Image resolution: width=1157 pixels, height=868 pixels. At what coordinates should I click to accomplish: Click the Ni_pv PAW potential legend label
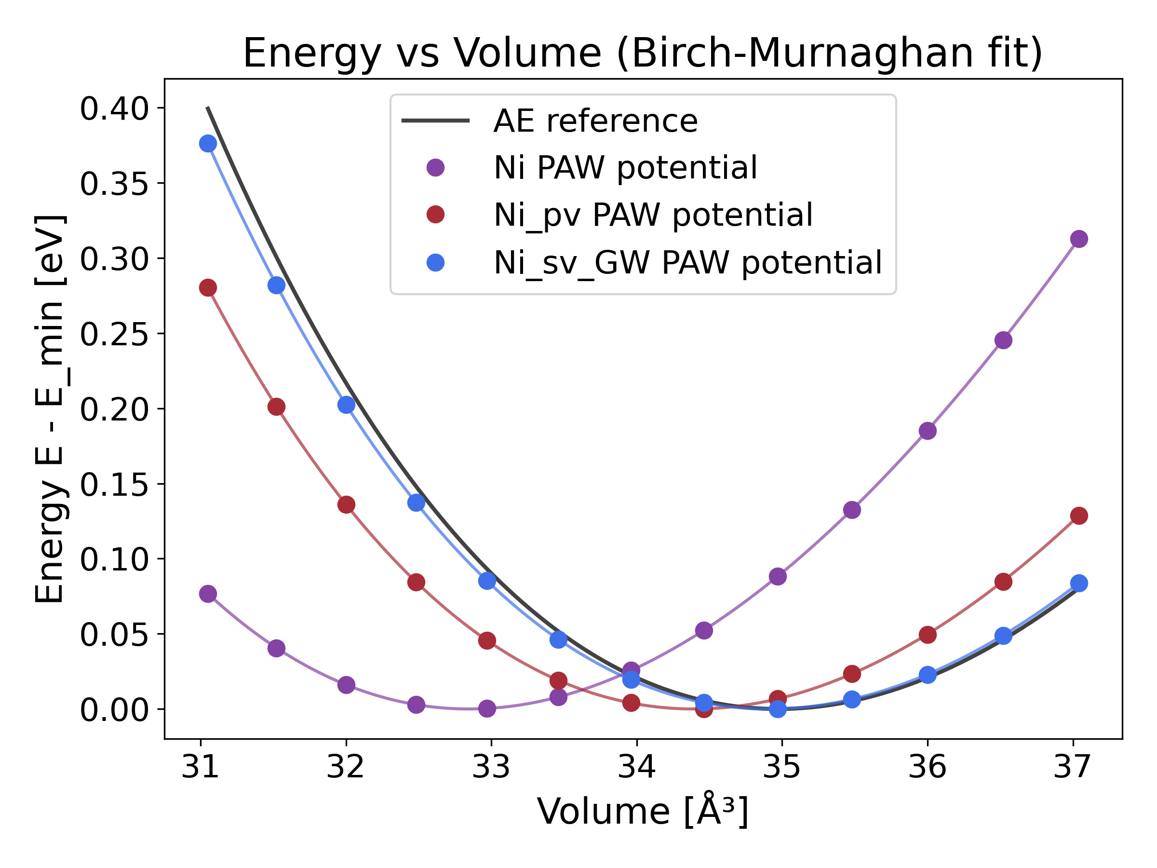tap(653, 215)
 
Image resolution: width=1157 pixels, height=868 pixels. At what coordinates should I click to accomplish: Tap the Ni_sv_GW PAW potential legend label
tap(687, 262)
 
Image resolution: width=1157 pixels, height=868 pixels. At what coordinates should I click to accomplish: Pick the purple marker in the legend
tap(435, 168)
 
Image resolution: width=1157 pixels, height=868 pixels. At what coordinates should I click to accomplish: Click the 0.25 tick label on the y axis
tap(115, 334)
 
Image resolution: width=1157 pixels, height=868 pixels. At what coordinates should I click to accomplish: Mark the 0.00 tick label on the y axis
tap(115, 709)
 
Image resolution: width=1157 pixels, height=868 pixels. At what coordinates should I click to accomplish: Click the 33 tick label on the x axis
tap(491, 767)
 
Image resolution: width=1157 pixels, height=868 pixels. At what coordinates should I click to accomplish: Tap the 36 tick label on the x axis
tap(928, 767)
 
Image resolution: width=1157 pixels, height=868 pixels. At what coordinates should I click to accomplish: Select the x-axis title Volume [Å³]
tap(642, 812)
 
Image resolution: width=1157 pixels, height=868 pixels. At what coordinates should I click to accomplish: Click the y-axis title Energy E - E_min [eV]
tap(49, 408)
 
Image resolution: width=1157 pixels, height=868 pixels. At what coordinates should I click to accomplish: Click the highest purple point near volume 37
tap(1079, 239)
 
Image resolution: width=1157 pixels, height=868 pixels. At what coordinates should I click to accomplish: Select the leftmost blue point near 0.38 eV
tap(208, 143)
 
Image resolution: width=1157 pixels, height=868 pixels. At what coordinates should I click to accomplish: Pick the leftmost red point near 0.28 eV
tap(208, 288)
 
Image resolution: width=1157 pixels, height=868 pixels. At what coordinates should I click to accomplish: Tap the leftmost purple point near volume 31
tap(208, 594)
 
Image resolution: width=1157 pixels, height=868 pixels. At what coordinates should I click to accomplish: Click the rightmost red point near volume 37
tap(1079, 516)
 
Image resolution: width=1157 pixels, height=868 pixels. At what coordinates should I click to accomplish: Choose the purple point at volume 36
tap(928, 431)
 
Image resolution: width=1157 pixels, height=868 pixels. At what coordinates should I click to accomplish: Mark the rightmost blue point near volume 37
tap(1079, 583)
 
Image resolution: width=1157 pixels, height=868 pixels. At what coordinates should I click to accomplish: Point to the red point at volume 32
tap(346, 505)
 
